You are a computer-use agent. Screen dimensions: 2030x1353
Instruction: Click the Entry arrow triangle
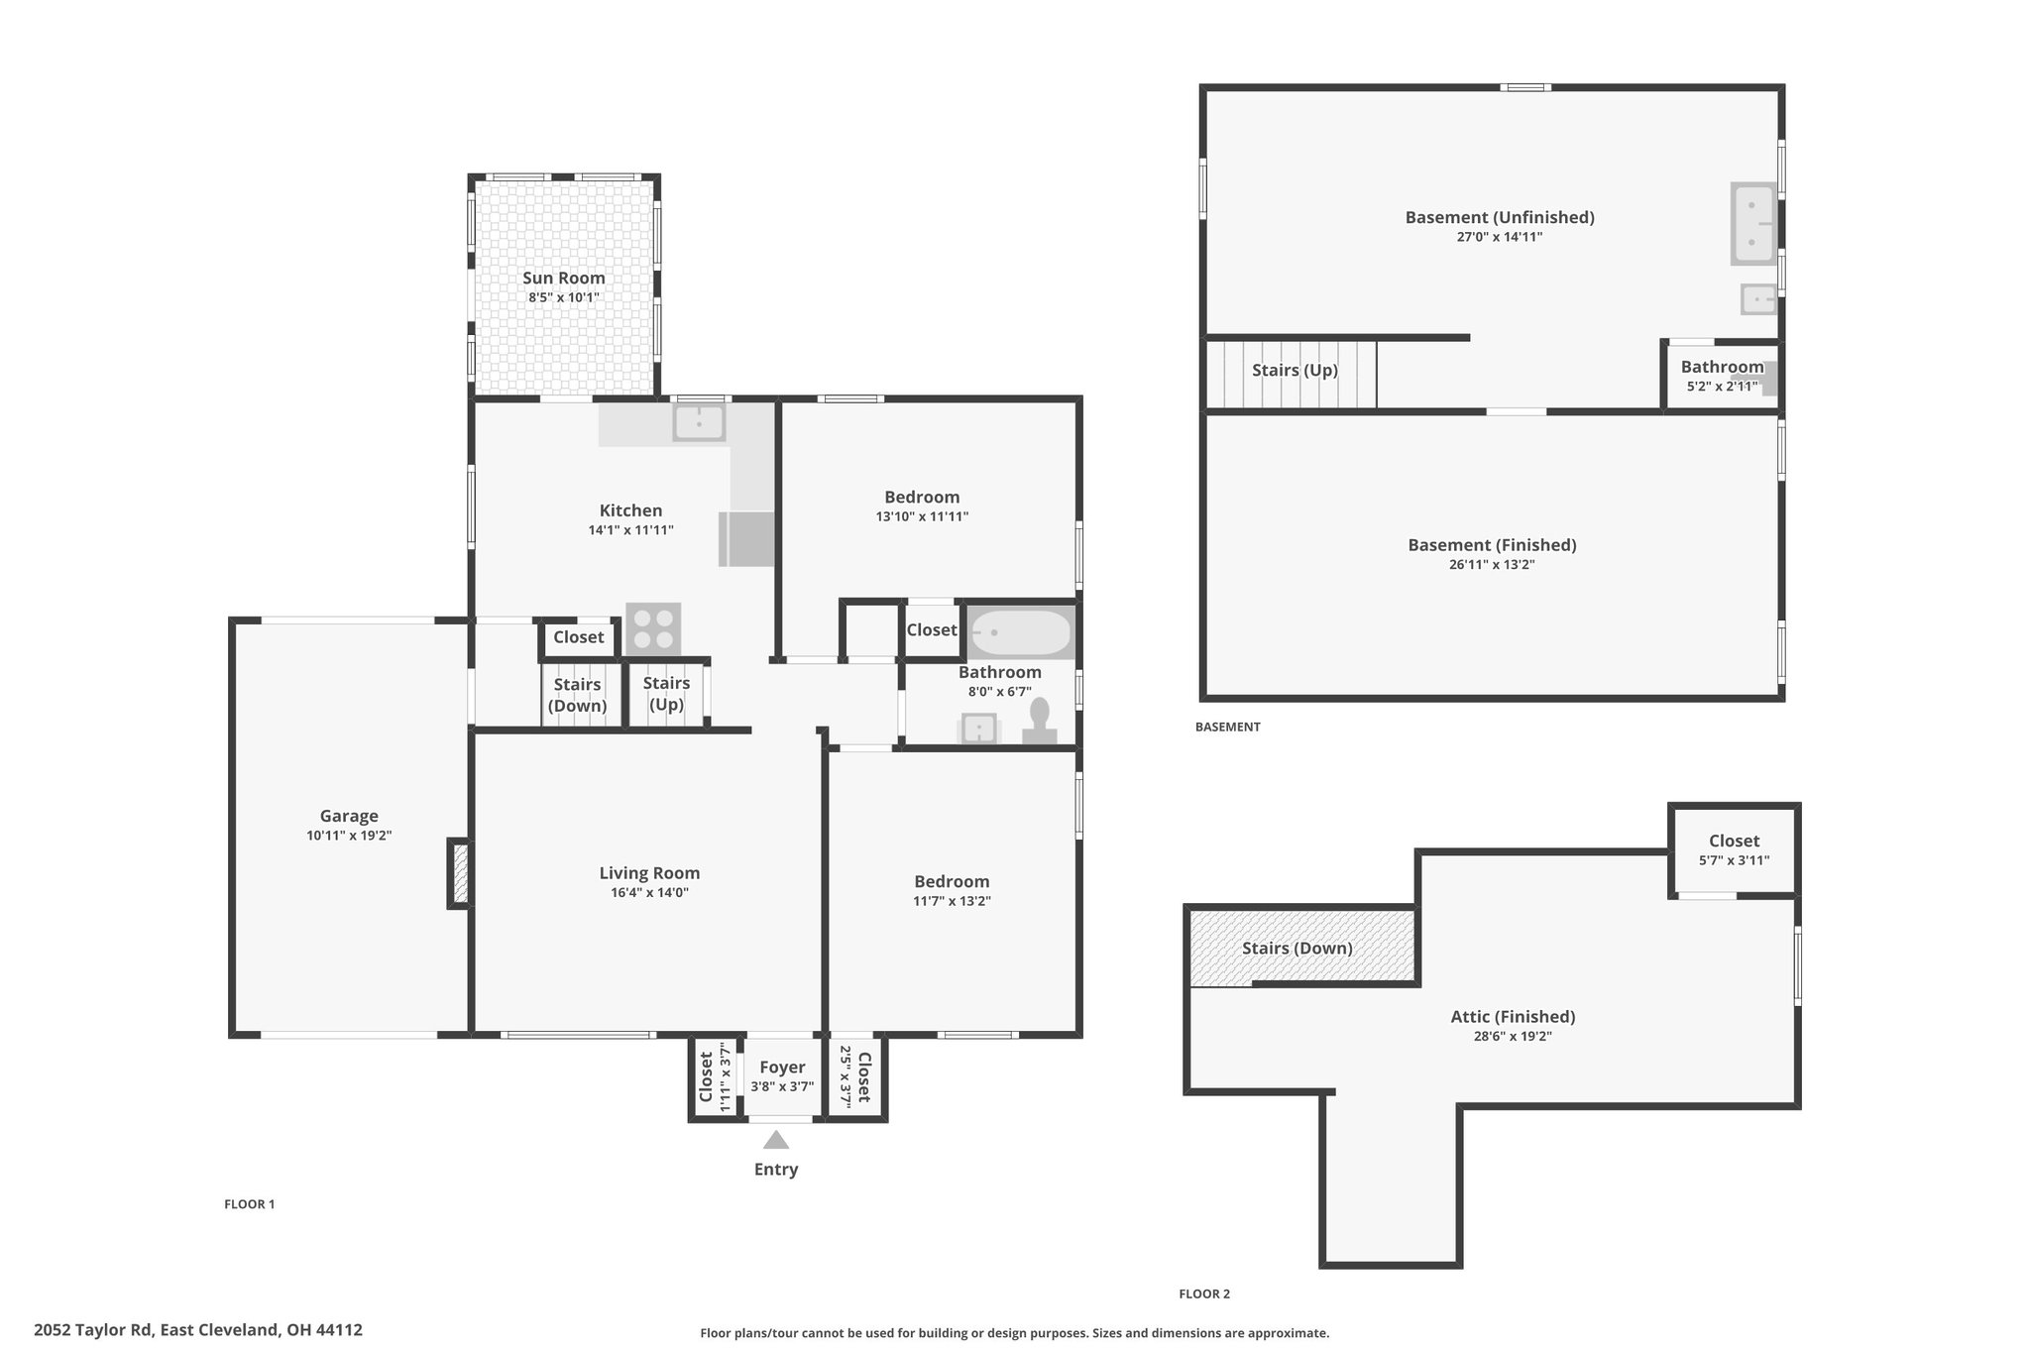tap(776, 1140)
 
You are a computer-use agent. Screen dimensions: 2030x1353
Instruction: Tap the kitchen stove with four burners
tap(653, 628)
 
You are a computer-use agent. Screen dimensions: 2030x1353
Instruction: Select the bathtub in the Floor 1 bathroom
tap(1021, 632)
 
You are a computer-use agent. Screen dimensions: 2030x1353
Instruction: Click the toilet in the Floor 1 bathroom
tap(1040, 722)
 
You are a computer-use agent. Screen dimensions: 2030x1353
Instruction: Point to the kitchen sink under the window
tap(699, 423)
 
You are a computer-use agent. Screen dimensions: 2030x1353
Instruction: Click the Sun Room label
tap(564, 279)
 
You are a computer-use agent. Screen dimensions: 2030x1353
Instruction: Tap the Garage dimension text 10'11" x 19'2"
tap(349, 836)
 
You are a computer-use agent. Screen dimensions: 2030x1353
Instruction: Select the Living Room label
tap(649, 873)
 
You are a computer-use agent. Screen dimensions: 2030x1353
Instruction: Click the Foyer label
tap(782, 1068)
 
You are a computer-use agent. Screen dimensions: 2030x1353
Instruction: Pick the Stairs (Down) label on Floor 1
tap(578, 695)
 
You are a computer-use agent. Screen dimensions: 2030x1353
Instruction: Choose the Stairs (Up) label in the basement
tap(1295, 371)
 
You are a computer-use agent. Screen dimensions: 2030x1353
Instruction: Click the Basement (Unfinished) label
tap(1500, 217)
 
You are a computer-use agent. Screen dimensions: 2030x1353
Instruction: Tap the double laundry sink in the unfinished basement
tap(1753, 223)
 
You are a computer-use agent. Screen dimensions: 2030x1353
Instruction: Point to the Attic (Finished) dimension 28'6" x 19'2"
tap(1513, 1037)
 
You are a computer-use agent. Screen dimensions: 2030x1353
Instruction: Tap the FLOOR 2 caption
tap(1204, 1294)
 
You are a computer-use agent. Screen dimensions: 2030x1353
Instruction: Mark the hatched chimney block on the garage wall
tap(459, 872)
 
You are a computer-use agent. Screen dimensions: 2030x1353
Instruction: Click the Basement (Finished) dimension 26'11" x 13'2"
tap(1492, 565)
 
